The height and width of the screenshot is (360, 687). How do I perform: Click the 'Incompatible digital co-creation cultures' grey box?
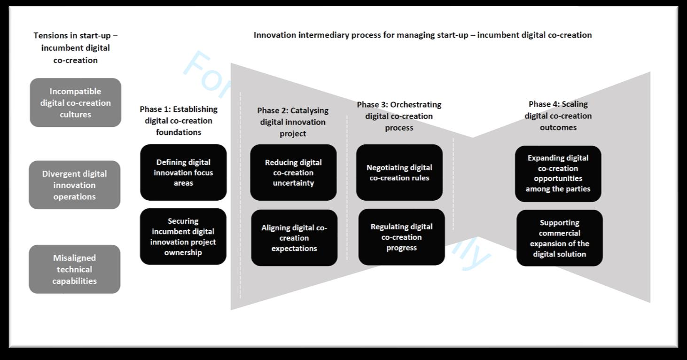75,102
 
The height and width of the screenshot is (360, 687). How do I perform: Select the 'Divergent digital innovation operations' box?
75,185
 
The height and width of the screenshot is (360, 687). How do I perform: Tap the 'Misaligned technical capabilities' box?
75,269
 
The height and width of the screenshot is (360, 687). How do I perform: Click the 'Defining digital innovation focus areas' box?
183,172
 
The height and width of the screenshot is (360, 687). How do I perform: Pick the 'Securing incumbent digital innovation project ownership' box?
183,236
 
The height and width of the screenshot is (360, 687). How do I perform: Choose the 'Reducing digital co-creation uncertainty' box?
293,172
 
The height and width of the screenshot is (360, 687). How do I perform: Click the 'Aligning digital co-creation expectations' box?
294,238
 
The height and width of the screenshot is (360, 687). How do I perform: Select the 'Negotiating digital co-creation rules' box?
399,172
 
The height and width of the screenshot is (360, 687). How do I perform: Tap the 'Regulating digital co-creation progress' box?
401,237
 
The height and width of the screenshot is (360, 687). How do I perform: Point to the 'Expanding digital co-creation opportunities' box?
558,173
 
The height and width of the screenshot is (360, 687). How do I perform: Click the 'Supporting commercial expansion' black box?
559,238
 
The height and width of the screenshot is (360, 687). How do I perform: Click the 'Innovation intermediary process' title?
422,35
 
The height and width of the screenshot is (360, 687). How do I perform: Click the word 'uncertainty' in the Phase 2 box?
293,183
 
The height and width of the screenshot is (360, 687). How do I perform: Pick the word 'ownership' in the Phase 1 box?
183,253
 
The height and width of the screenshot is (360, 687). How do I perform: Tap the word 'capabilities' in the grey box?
75,281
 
